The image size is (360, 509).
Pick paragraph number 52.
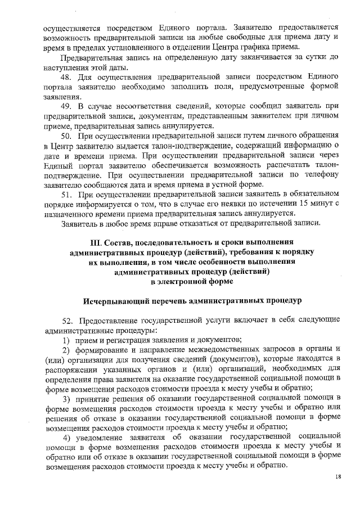pyautogui.click(x=69, y=320)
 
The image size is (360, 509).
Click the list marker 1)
pyautogui.click(x=66, y=339)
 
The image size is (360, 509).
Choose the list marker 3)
pyautogui.click(x=66, y=399)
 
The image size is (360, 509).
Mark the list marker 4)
pyautogui.click(x=66, y=438)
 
